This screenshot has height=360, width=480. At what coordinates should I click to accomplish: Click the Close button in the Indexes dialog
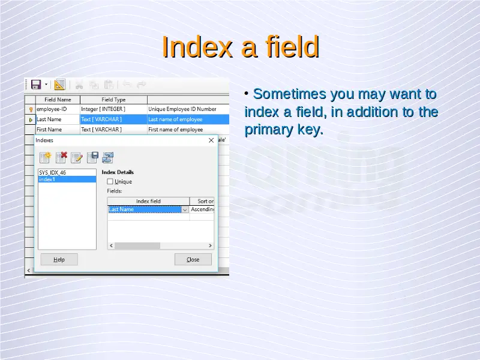coord(193,259)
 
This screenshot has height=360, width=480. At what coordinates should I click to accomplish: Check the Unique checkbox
coord(110,182)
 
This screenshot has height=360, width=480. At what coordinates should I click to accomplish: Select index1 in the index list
coord(67,179)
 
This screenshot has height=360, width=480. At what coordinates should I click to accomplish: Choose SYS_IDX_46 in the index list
coord(67,172)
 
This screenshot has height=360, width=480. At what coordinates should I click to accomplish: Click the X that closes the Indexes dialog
coord(211,140)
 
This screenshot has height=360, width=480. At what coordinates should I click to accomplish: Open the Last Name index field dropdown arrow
coord(185,209)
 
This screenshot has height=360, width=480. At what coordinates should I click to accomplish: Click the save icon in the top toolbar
coord(36,85)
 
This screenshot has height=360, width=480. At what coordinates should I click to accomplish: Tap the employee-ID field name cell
coord(58,109)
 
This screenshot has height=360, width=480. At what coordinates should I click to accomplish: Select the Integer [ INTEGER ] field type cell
coord(113,109)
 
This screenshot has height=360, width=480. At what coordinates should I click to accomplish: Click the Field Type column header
coord(113,100)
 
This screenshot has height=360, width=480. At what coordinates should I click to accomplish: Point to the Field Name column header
coord(58,100)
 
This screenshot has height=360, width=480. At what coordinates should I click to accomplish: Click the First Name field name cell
coord(58,130)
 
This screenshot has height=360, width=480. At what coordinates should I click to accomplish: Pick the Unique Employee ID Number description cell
coord(188,109)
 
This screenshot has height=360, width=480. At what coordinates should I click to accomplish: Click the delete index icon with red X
coord(61,157)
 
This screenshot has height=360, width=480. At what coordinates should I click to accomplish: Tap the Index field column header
coord(148,201)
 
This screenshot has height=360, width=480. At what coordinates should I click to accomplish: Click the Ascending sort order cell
coord(202,209)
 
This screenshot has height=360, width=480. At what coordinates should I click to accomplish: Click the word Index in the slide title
coord(197,47)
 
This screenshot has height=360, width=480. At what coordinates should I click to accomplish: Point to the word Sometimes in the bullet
coord(290,94)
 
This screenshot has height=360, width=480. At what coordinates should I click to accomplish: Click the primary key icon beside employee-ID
coord(31,109)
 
